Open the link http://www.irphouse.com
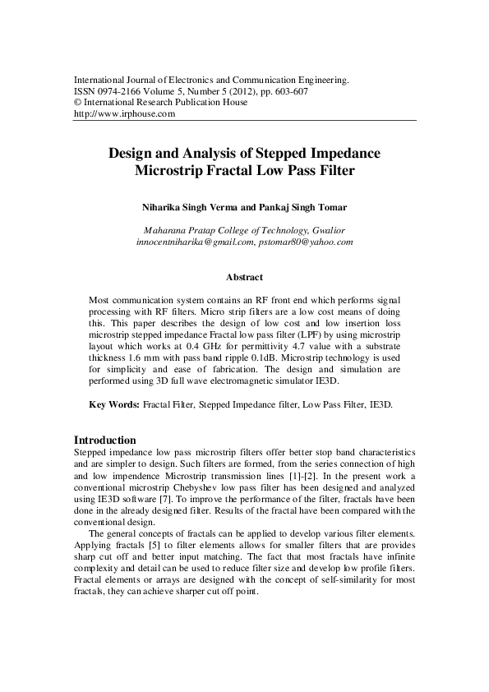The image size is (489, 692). [125, 115]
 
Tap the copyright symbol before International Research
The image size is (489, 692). [78, 104]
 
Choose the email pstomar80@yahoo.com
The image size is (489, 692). [306, 242]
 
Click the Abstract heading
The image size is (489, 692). [244, 278]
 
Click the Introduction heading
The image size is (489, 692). [105, 441]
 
